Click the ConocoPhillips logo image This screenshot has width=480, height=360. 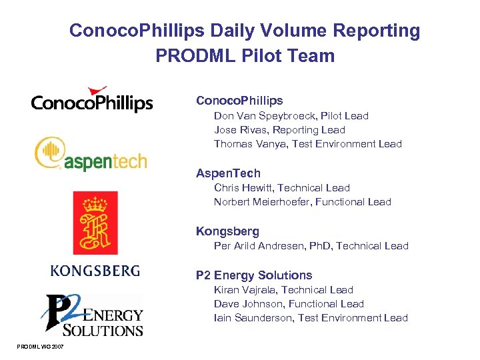tap(92, 100)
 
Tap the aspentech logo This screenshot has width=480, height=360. tap(91, 154)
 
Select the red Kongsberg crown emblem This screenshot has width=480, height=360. tap(95, 222)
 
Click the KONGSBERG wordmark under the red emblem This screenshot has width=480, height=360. tap(95, 270)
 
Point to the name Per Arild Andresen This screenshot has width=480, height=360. tap(259, 246)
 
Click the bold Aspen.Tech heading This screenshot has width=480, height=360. tap(228, 173)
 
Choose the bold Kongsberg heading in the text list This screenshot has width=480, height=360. tap(227, 231)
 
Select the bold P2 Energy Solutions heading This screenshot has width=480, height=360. tap(254, 275)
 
